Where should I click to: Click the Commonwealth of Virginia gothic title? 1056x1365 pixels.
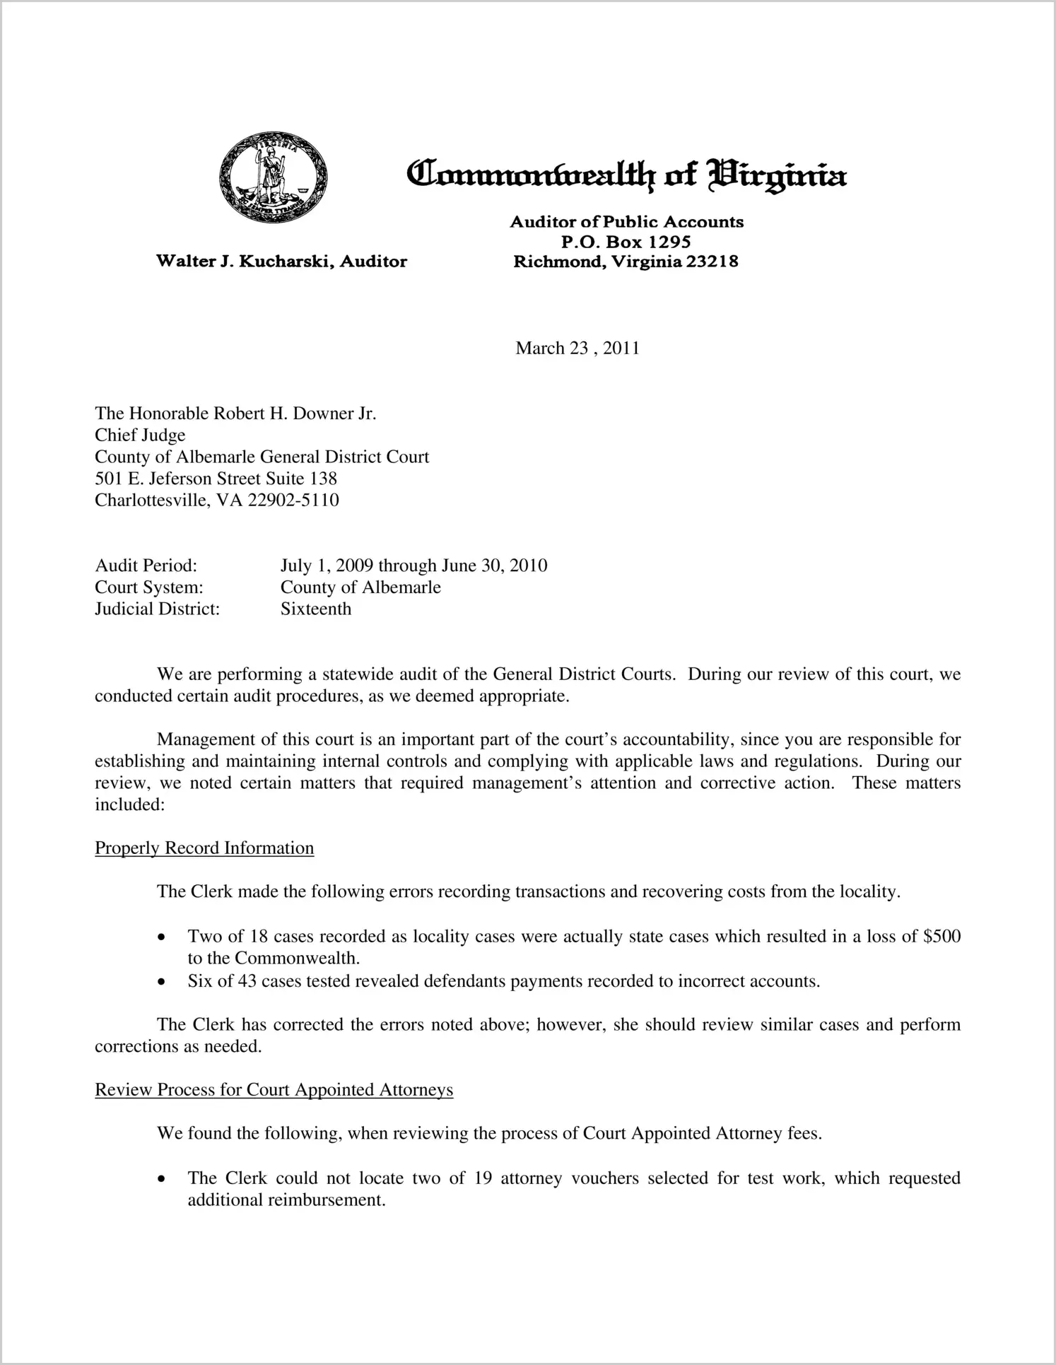626,175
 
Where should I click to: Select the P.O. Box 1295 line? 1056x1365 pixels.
626,242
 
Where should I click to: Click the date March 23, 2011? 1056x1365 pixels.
577,348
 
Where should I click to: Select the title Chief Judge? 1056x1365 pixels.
140,435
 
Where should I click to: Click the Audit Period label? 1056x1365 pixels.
146,566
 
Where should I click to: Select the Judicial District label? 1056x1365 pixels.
158,609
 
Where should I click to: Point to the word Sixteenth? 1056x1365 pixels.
316,609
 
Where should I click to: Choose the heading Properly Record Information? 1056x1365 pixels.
204,848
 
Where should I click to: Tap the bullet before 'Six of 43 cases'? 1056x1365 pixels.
163,983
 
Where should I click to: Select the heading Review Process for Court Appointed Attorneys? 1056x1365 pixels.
274,1090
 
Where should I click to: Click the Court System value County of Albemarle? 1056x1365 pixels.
360,587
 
